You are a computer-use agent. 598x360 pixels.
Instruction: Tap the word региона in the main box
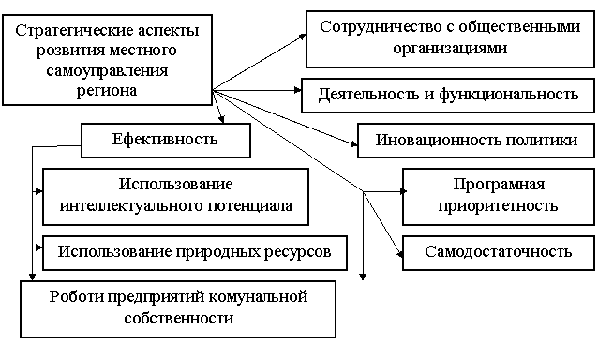pos(107,91)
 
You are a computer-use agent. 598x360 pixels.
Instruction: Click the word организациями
pos(451,49)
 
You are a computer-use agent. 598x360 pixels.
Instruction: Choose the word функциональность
pos(509,94)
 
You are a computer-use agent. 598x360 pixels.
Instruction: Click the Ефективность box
pos(166,141)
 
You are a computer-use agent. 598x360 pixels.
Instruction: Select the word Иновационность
pos(438,140)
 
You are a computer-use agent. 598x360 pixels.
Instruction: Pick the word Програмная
pos(499,185)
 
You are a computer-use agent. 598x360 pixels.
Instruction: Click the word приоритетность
pos(498,206)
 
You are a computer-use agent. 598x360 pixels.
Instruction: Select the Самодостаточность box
pos(499,253)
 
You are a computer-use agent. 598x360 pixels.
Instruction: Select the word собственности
pos(179,318)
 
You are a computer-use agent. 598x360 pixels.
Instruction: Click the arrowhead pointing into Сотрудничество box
pos(303,37)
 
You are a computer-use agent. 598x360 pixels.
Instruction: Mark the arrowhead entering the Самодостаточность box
pos(399,254)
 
